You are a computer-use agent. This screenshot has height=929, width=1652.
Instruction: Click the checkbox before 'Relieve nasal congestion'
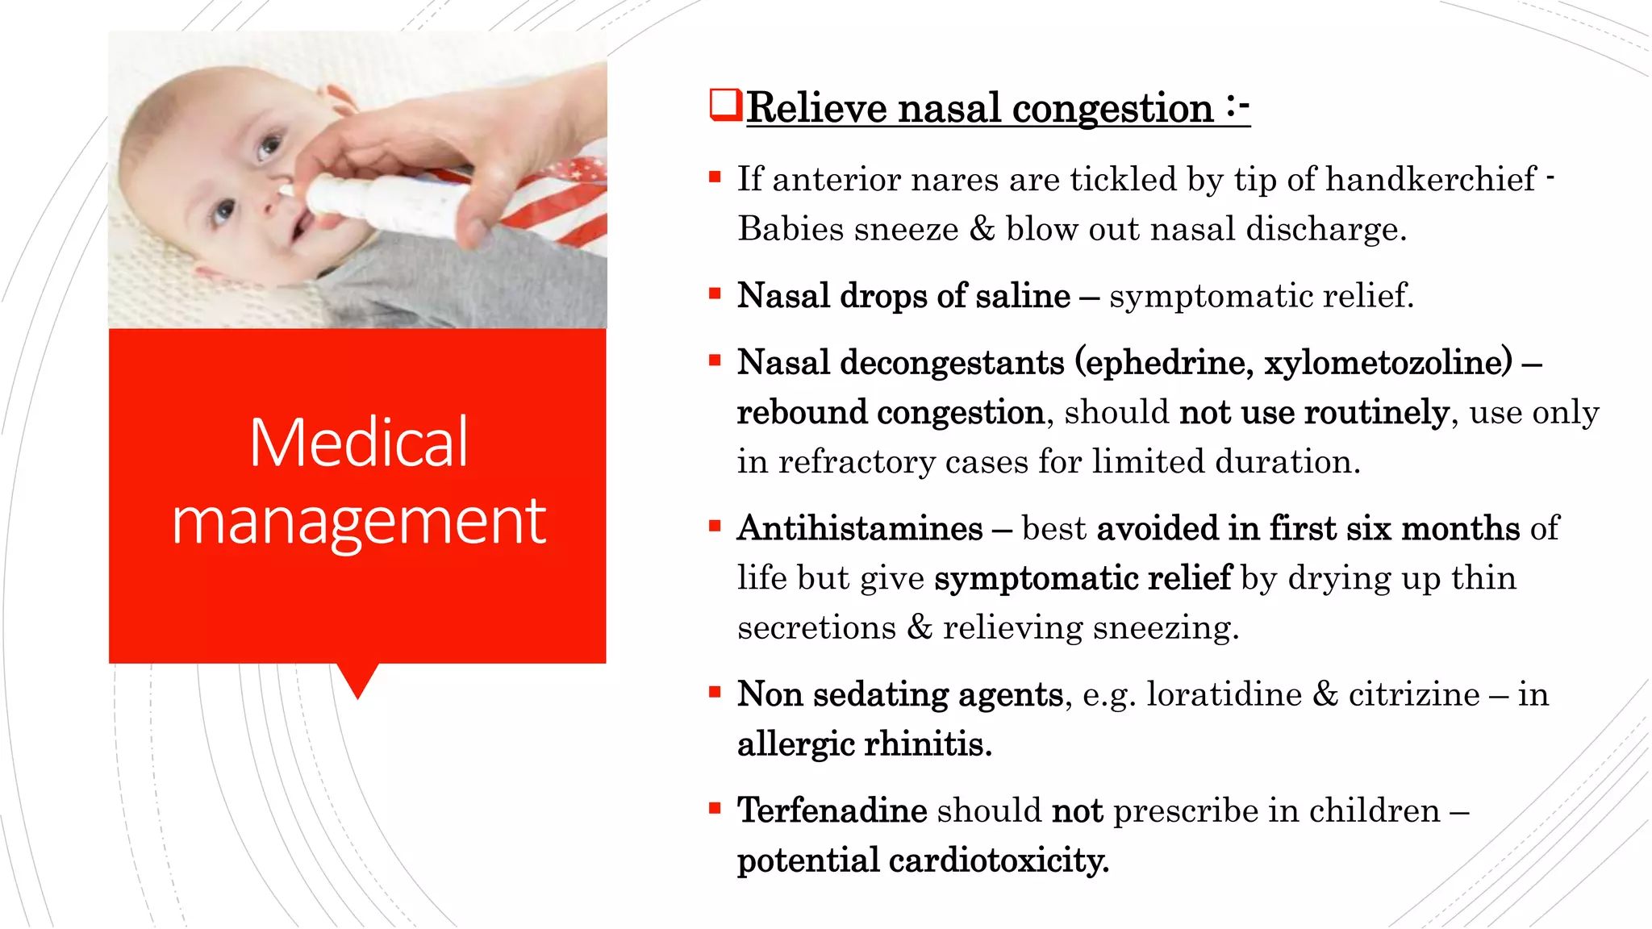724,106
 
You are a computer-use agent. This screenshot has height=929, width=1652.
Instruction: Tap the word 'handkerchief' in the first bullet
1430,180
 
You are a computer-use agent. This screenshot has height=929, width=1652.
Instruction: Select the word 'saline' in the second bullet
1022,296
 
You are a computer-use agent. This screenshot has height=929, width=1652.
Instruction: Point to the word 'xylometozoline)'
1388,363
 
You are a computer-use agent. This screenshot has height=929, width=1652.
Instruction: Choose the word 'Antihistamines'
860,529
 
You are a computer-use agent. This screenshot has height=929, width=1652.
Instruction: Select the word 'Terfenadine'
832,810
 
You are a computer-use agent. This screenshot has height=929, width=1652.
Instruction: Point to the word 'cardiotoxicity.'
999,860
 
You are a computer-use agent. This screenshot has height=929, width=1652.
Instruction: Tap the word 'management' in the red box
358,523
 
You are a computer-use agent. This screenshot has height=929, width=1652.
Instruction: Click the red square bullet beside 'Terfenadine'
714,806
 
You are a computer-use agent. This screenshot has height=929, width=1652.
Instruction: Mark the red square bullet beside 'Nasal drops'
714,293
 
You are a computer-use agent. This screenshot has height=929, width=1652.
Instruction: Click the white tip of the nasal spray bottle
287,190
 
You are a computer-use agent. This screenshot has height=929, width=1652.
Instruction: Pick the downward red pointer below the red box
357,680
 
